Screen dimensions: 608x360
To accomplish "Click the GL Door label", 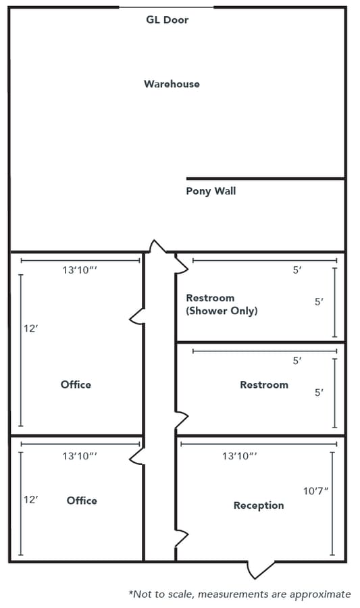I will (x=167, y=20).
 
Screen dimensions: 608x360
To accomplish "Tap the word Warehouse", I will (x=172, y=84).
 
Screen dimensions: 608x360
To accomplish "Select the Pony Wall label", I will (x=211, y=191).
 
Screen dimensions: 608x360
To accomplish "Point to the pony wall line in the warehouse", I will (x=265, y=178).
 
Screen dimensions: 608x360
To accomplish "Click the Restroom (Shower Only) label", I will (x=222, y=304).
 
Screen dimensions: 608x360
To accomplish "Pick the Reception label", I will (x=259, y=505).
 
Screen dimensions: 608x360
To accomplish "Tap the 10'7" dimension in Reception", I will (x=316, y=490).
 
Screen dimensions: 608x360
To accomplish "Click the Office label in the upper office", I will (x=76, y=384).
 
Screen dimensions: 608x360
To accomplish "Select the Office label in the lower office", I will (x=82, y=501).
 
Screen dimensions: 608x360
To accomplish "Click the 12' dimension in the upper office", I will (x=30, y=328).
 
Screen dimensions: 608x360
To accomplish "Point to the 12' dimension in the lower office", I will (x=30, y=500).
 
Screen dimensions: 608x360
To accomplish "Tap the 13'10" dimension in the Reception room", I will (x=239, y=457).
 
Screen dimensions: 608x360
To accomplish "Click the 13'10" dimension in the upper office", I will (x=80, y=270).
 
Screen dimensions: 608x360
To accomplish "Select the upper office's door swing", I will (x=137, y=315).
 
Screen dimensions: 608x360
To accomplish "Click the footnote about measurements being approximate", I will (x=240, y=594).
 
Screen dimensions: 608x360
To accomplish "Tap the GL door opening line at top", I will (x=167, y=7).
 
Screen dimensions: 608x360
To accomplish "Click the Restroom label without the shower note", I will (x=264, y=384).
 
